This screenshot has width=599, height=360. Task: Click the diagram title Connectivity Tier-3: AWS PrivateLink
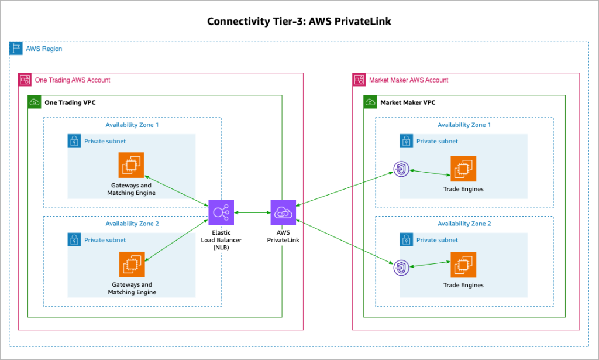click(299, 22)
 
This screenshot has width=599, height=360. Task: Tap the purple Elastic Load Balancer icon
click(221, 212)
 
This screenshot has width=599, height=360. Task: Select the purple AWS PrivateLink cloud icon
click(283, 212)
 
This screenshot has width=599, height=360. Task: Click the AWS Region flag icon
click(16, 49)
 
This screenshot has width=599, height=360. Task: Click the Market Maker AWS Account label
click(408, 80)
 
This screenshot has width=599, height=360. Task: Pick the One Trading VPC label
click(70, 102)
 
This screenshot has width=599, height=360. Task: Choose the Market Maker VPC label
click(408, 102)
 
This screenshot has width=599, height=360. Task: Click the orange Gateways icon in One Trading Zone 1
click(132, 165)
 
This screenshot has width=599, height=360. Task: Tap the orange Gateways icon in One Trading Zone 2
click(132, 265)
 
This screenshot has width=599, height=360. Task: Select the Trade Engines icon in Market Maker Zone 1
click(463, 169)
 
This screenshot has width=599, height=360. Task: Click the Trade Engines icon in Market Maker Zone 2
click(463, 265)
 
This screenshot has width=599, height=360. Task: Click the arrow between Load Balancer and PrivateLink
click(252, 212)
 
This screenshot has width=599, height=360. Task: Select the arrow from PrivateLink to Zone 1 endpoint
click(345, 188)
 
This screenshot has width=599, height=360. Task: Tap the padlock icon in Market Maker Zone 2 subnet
click(406, 240)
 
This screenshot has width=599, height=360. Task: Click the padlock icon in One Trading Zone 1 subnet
click(74, 141)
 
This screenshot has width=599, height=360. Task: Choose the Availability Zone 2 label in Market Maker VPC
click(464, 224)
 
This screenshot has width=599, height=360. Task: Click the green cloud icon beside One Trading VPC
click(35, 102)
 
